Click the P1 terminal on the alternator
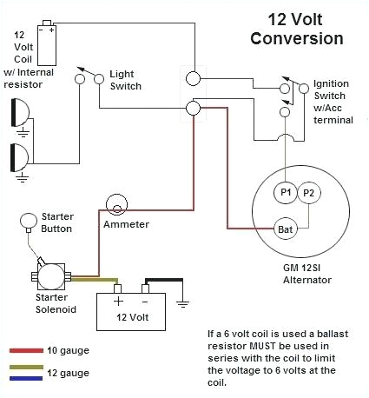286,191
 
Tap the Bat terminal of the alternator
285,229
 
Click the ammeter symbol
115,205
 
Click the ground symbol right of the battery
182,303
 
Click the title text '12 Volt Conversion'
295,30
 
